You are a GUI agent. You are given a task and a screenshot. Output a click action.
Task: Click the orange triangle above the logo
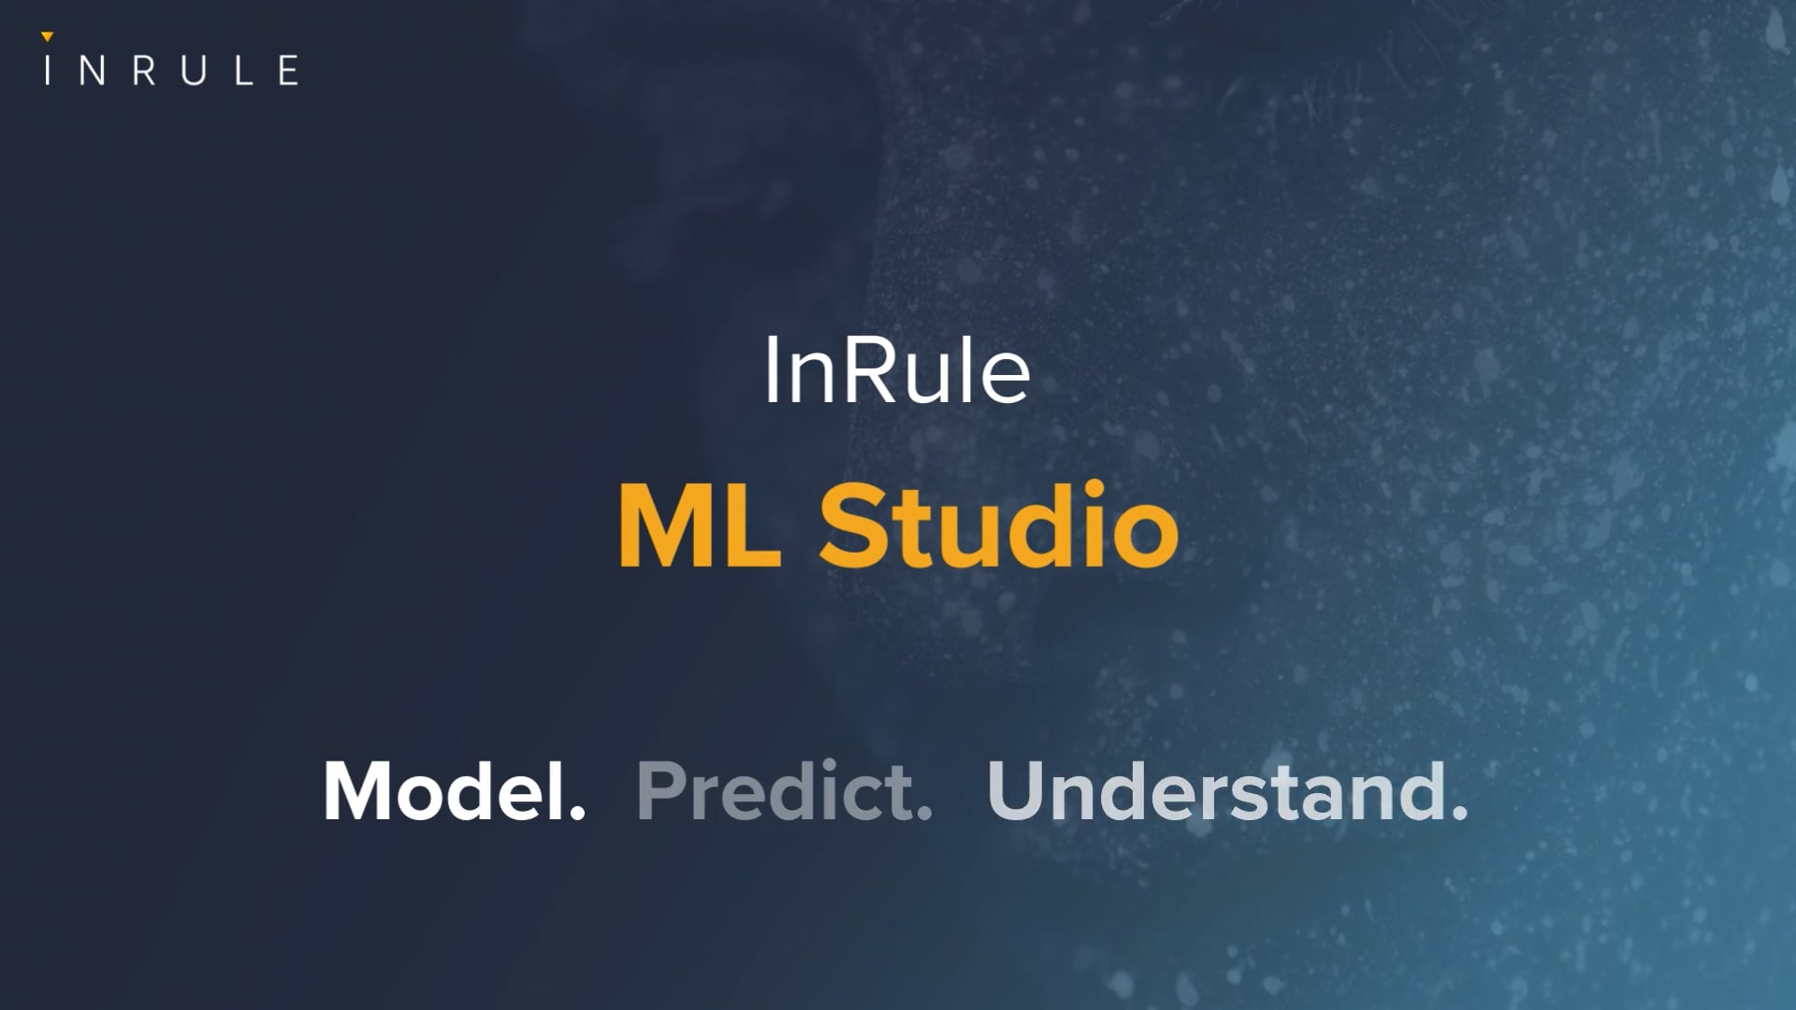[48, 37]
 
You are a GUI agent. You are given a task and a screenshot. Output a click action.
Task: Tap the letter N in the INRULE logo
[92, 71]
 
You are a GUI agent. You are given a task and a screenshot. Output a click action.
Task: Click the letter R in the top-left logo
[144, 71]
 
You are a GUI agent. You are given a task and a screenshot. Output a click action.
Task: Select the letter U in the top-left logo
[194, 71]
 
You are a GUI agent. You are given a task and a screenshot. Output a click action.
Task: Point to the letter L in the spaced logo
[243, 71]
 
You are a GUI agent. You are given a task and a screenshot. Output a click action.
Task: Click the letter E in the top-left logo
[289, 71]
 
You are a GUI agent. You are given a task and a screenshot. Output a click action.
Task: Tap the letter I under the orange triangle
[48, 71]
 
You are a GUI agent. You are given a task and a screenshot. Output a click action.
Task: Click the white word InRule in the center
[897, 372]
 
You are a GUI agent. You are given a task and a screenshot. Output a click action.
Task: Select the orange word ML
[700, 526]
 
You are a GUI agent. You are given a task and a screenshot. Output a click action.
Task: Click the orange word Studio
[999, 526]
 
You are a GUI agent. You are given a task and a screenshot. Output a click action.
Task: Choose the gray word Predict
[775, 791]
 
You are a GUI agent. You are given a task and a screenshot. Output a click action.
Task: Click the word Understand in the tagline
[1216, 791]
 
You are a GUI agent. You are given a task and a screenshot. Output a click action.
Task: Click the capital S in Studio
[854, 526]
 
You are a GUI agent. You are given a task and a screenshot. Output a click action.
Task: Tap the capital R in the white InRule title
[874, 372]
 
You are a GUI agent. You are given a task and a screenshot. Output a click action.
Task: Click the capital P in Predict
[661, 791]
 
